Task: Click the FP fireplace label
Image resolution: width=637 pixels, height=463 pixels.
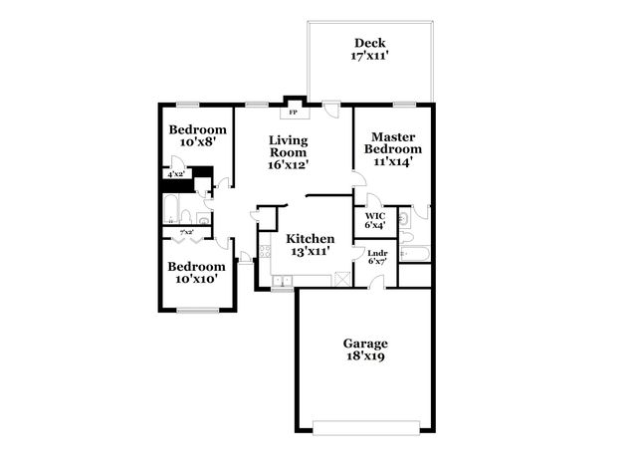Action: click(293, 112)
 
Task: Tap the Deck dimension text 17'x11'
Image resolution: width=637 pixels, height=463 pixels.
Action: click(369, 56)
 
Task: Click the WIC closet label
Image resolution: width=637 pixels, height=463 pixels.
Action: click(375, 215)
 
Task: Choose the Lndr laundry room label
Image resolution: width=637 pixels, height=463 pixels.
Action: click(377, 253)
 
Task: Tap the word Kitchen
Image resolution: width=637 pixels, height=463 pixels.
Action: click(311, 239)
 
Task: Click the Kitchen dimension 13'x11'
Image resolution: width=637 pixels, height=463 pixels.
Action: click(311, 253)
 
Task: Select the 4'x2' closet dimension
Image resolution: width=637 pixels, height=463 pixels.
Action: click(176, 174)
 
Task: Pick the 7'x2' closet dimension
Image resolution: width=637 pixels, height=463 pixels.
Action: click(186, 233)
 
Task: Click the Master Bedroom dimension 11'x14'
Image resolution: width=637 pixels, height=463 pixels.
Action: click(392, 160)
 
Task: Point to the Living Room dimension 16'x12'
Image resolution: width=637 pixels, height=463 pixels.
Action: click(289, 164)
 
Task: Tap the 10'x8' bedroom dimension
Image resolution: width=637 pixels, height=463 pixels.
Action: click(197, 142)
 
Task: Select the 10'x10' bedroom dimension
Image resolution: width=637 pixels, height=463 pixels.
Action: click(197, 280)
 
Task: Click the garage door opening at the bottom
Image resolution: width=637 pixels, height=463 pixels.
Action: click(365, 427)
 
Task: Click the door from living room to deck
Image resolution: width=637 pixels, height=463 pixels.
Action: click(331, 110)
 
